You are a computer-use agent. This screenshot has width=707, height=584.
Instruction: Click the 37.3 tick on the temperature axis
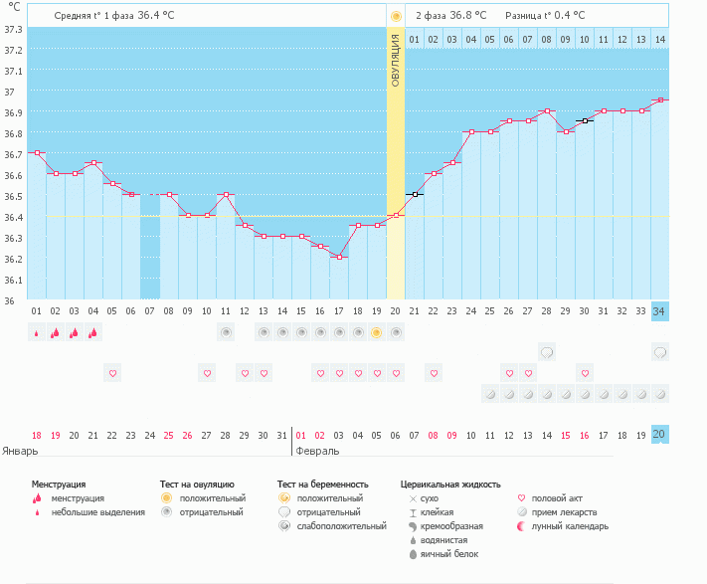tap(13, 29)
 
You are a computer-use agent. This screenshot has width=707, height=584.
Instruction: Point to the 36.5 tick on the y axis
tap(13, 196)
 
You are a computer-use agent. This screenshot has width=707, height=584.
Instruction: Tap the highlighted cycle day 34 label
tap(659, 311)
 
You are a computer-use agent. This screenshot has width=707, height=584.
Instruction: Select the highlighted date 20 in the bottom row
tap(659, 435)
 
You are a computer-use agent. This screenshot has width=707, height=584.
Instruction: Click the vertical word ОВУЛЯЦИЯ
tap(395, 61)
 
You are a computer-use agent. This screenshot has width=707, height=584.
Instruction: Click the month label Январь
tap(20, 450)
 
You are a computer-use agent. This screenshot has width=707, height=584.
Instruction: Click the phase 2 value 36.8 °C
tap(465, 16)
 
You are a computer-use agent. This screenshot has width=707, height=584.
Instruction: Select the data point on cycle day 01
tap(37, 153)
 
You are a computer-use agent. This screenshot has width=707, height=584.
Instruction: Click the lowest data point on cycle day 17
tap(339, 257)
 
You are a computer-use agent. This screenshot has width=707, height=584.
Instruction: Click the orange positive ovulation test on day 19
tap(376, 332)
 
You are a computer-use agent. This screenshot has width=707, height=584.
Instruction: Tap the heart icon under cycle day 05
tap(112, 373)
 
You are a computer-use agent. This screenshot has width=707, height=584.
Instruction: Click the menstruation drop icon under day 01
tap(37, 332)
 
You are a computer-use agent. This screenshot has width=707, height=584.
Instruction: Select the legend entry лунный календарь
tap(570, 526)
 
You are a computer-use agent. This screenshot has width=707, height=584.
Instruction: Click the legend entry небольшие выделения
tap(97, 512)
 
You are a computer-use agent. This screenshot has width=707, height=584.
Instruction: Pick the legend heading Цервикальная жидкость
tap(449, 484)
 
